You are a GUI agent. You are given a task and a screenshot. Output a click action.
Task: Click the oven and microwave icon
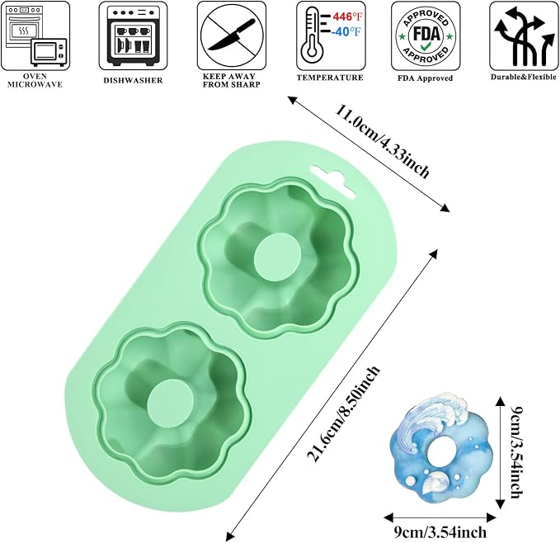click(35, 35)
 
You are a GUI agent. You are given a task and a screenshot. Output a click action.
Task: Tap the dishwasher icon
click(134, 35)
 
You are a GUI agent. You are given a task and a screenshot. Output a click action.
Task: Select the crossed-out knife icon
click(232, 35)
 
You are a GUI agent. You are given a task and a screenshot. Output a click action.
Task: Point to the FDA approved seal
click(426, 35)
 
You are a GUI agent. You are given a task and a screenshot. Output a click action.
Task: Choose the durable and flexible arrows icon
click(523, 35)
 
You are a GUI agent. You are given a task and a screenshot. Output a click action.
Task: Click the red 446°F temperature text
click(346, 17)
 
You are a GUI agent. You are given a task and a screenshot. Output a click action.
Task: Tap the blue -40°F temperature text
click(346, 32)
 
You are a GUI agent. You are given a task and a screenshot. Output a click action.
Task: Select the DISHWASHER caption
click(133, 80)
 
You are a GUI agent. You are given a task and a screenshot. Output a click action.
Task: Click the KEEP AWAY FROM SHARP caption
click(232, 80)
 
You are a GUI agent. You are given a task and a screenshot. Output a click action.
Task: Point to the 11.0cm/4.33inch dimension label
click(381, 141)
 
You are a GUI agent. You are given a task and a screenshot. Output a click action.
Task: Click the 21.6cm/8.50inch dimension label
click(343, 413)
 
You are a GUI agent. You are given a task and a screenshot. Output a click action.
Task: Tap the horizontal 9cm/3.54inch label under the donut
click(440, 532)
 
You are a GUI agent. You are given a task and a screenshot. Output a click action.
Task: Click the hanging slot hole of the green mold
click(333, 182)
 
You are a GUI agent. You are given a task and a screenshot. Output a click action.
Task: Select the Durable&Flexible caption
click(523, 78)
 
